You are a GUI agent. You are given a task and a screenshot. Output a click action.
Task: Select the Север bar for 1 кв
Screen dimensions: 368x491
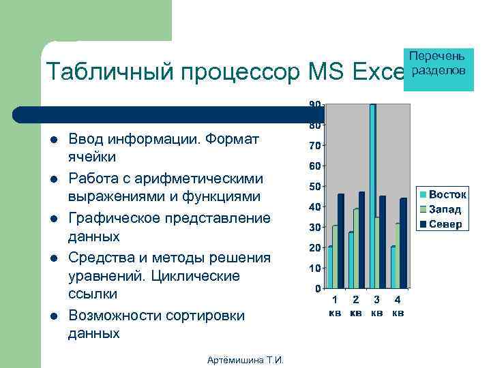(341, 241)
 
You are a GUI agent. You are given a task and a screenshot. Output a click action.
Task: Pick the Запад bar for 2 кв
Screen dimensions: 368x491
(356, 249)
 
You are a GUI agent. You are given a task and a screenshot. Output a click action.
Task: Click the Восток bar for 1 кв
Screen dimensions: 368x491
(330, 267)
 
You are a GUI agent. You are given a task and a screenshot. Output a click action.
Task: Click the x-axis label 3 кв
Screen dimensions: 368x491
(376, 306)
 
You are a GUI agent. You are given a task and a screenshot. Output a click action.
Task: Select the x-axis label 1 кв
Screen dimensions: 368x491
(335, 306)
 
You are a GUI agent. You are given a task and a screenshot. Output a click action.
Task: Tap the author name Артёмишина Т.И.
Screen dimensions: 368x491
(245, 361)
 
